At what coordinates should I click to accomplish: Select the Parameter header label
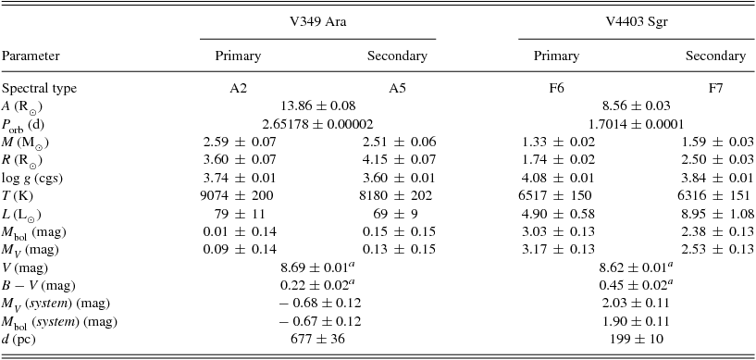[32, 56]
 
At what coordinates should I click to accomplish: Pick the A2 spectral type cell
[238, 89]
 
